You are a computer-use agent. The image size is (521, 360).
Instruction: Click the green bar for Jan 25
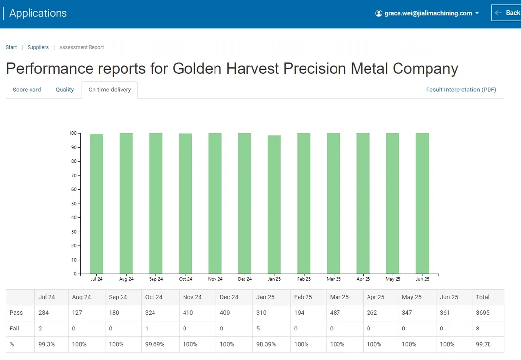(274, 204)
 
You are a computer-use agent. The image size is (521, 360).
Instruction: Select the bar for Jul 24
(96, 204)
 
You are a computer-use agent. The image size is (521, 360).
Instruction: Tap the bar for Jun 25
(422, 203)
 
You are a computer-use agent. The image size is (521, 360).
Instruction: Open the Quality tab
(64, 90)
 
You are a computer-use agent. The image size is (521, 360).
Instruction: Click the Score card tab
(27, 90)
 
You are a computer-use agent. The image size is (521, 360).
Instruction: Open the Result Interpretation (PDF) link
(461, 90)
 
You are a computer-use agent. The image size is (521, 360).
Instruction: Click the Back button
(507, 13)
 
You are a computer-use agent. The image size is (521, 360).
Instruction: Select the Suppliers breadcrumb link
(38, 48)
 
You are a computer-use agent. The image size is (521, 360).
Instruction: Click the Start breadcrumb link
(11, 48)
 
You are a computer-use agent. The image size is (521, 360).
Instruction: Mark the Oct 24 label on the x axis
(185, 279)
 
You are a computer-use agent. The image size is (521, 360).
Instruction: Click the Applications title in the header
(38, 13)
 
